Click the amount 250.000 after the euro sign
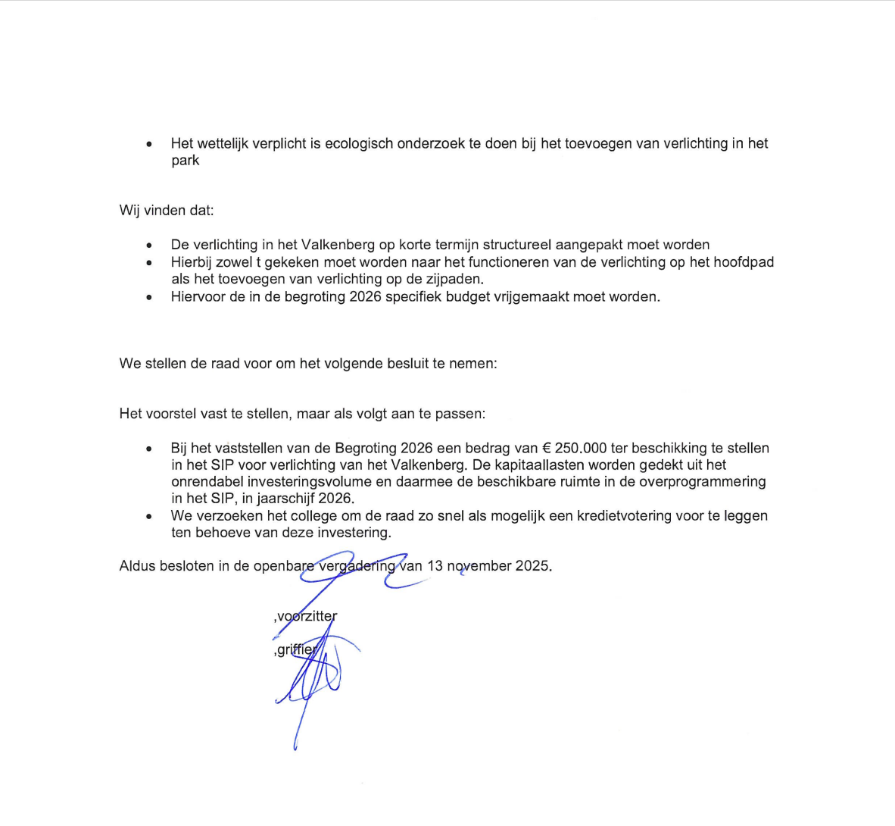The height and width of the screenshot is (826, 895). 581,448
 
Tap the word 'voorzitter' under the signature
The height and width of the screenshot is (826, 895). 307,616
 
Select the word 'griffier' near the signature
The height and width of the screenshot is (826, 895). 297,649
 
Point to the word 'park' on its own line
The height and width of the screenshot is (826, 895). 185,160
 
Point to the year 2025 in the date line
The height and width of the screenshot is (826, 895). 532,565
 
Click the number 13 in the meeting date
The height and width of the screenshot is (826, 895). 435,565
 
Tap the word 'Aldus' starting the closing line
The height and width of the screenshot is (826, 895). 137,565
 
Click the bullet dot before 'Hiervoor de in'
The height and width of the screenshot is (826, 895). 149,297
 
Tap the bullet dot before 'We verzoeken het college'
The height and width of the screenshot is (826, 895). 149,516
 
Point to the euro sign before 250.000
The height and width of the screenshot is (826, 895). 547,448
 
